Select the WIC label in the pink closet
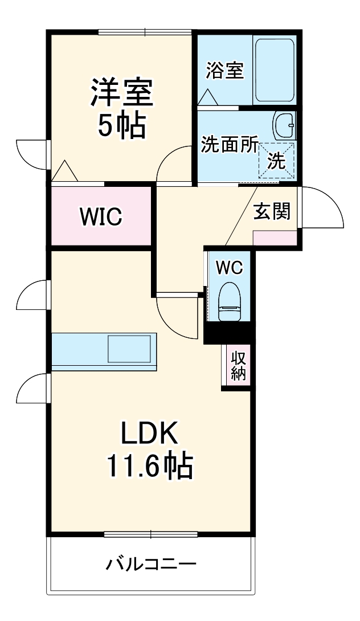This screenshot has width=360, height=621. click(x=101, y=216)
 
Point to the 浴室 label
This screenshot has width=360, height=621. click(x=225, y=71)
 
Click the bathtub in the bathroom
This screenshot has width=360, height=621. click(x=273, y=70)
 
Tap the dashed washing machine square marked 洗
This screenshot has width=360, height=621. click(x=277, y=161)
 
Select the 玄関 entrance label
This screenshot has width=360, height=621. click(x=272, y=211)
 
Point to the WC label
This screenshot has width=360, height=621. click(x=230, y=267)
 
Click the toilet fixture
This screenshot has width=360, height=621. click(x=230, y=301)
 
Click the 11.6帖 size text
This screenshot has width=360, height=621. click(x=150, y=467)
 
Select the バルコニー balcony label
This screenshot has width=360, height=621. click(x=151, y=564)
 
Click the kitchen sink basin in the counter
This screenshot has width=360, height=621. click(x=129, y=349)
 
